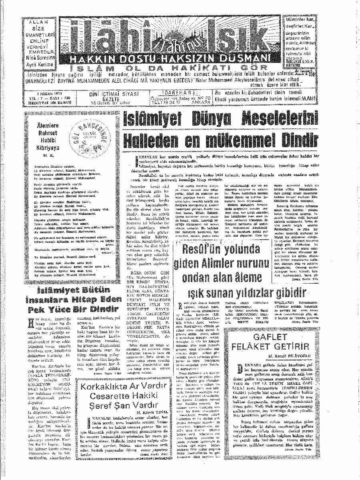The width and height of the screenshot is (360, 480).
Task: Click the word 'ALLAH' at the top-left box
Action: point(35,22)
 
